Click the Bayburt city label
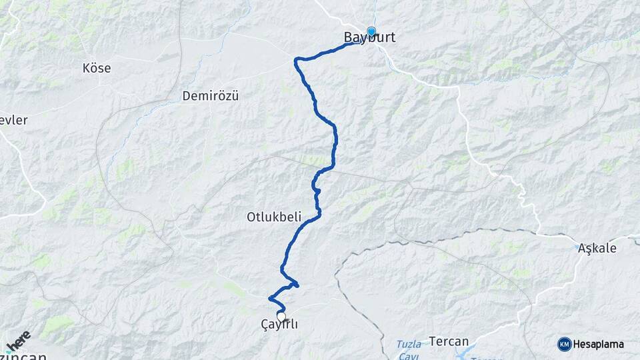pyautogui.click(x=369, y=38)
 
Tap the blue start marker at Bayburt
pyautogui.click(x=371, y=31)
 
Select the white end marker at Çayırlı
pyautogui.click(x=281, y=317)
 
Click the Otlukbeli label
pyautogui.click(x=275, y=217)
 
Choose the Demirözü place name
pyautogui.click(x=210, y=96)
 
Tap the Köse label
pyautogui.click(x=97, y=68)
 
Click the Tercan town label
pyautogui.click(x=449, y=341)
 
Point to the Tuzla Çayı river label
pyautogui.click(x=409, y=349)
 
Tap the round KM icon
pyautogui.click(x=564, y=344)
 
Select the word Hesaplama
pyautogui.click(x=599, y=344)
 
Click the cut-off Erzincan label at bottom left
pyautogui.click(x=23, y=356)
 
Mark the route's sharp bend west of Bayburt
pyautogui.click(x=296, y=61)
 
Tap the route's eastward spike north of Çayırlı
pyautogui.click(x=296, y=285)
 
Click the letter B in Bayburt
pyautogui.click(x=348, y=38)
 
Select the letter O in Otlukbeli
pyautogui.click(x=251, y=217)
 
